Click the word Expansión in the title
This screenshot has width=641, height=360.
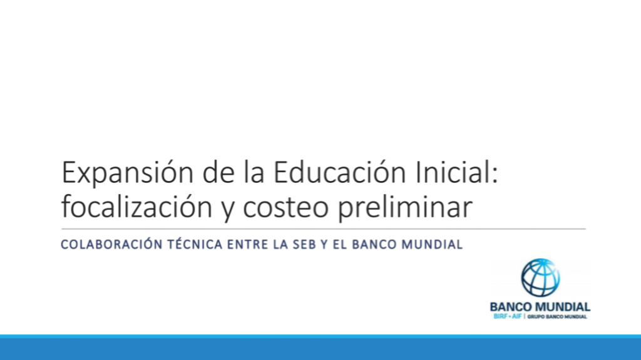[x=128, y=173]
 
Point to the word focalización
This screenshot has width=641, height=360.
[x=136, y=207]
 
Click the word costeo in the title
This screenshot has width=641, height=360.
[x=285, y=208]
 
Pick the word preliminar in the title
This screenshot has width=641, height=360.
[x=405, y=207]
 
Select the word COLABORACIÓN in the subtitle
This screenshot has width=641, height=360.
[x=111, y=244]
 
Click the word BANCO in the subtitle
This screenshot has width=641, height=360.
[x=374, y=245]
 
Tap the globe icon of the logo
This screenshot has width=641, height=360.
[x=540, y=277]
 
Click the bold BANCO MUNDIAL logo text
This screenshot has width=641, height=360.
[x=540, y=307]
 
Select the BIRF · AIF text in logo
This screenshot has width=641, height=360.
[x=508, y=316]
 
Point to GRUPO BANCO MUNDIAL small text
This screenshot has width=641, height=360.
[x=556, y=317]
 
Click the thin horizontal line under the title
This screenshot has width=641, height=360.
[x=324, y=229]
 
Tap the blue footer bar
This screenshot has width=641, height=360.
[x=320, y=347]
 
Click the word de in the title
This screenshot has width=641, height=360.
[x=218, y=172]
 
